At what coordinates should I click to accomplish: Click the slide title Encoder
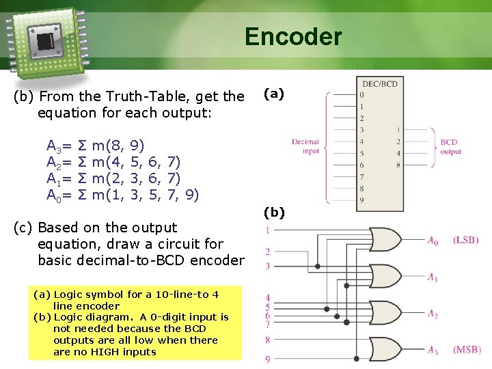coord(293,36)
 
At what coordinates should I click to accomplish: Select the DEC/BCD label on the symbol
coord(379,83)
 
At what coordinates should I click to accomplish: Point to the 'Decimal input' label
coord(305,146)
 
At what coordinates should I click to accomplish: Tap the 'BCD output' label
coord(450,146)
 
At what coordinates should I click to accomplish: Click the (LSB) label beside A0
coord(465,240)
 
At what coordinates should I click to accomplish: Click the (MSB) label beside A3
coord(467,349)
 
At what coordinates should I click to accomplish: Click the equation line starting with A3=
coord(95,145)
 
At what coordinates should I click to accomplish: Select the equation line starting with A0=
coord(122,195)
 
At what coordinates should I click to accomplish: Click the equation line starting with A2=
coord(113,162)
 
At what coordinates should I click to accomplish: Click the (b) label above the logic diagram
coord(274,213)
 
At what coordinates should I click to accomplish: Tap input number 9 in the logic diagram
coord(268,358)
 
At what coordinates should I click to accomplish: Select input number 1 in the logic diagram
coord(268,230)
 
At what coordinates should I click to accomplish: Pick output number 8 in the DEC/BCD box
coord(398,165)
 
